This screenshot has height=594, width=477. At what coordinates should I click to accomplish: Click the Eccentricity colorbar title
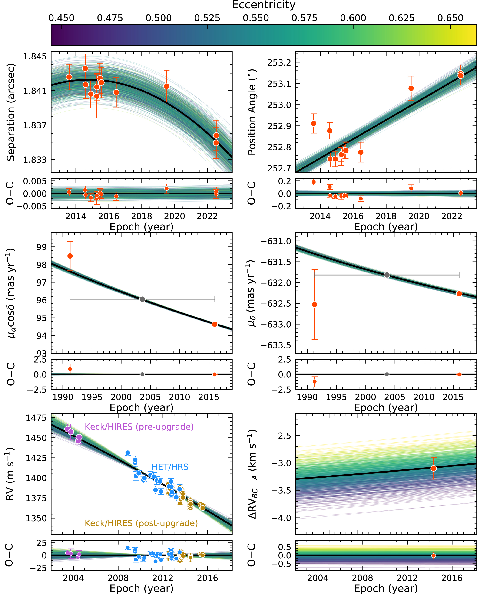coord(264,5)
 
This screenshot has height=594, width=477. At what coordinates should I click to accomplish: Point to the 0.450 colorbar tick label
coord(61,18)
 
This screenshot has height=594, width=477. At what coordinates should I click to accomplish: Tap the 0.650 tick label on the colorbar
coord(450,18)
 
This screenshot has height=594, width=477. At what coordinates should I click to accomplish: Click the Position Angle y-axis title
coord(252,112)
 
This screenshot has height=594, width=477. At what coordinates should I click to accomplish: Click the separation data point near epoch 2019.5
coord(166,86)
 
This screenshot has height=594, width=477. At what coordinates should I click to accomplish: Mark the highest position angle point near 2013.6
coord(314,123)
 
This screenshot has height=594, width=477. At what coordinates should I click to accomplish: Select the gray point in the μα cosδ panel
coord(142,299)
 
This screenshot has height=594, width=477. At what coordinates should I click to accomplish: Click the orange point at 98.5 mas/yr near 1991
coord(70,256)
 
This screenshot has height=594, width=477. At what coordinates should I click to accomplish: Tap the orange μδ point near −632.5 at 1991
coord(314,305)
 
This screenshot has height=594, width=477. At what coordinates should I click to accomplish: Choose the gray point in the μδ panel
coord(387,275)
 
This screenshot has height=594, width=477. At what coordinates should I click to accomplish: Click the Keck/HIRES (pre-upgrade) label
coord(139,427)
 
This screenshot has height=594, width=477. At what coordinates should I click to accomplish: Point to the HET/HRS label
coord(170,467)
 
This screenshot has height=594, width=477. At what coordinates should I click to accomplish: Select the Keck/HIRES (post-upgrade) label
coord(141,523)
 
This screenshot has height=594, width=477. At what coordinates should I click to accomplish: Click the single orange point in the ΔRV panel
coord(434,468)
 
